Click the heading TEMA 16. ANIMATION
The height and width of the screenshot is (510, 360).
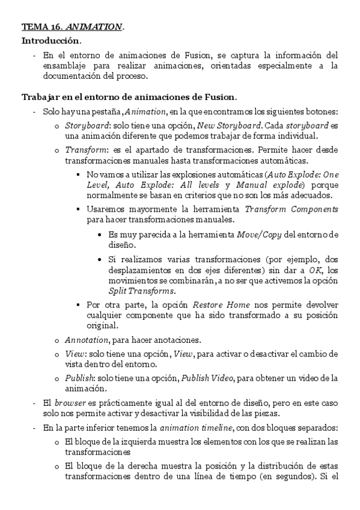pyautogui.click(x=73, y=27)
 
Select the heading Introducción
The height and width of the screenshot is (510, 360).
pyautogui.click(x=51, y=41)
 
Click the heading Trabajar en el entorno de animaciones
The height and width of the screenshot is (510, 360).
pyautogui.click(x=129, y=97)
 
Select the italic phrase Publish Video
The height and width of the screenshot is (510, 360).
pyautogui.click(x=270, y=378)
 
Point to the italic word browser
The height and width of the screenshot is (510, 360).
pyautogui.click(x=70, y=402)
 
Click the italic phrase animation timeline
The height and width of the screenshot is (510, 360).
pyautogui.click(x=201, y=428)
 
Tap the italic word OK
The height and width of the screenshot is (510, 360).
pyautogui.click(x=316, y=271)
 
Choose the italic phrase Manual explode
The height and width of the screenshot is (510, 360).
pyautogui.click(x=270, y=185)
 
